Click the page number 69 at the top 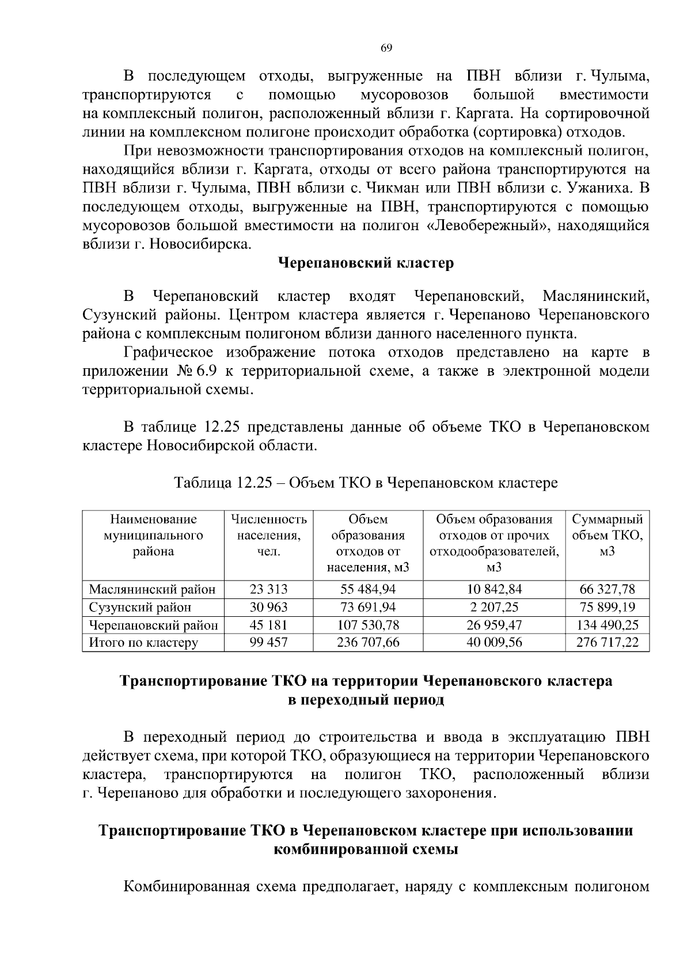pyautogui.click(x=386, y=48)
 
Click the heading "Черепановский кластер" pyautogui.click(x=366, y=263)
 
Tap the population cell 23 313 pyautogui.click(x=268, y=589)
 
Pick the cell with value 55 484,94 pyautogui.click(x=368, y=589)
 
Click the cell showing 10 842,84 pyautogui.click(x=494, y=589)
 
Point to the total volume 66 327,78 pyautogui.click(x=607, y=589)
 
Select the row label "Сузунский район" pyautogui.click(x=140, y=607)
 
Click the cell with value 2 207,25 pyautogui.click(x=494, y=607)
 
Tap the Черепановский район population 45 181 pyautogui.click(x=268, y=625)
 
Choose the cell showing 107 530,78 pyautogui.click(x=368, y=625)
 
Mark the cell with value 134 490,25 pyautogui.click(x=607, y=625)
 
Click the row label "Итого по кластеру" pyautogui.click(x=143, y=643)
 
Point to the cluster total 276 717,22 pyautogui.click(x=607, y=643)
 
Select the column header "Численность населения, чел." pyautogui.click(x=268, y=536)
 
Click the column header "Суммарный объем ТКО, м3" pyautogui.click(x=607, y=536)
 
